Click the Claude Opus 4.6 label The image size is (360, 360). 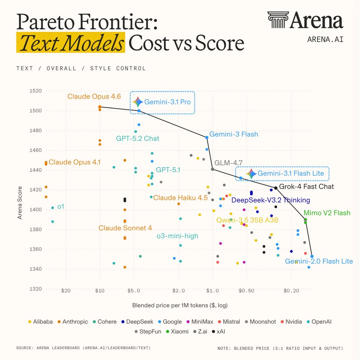coord(94,96)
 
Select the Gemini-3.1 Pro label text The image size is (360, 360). coord(167,102)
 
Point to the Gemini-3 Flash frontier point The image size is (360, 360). coord(207,137)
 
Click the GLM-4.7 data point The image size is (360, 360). coord(213,169)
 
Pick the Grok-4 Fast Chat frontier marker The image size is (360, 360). coord(276,188)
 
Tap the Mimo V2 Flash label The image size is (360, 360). coord(327,213)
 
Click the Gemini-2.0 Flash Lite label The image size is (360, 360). coord(319,261)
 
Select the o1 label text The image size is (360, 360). coord(61,207)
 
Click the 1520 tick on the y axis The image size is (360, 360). coord(36,91)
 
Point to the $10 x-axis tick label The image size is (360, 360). coord(100,291)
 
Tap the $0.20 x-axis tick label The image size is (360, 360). coord(291,291)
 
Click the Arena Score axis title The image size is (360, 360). coord(20,203)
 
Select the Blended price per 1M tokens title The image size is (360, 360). coord(180,305)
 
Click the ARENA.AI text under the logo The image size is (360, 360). coord(325,39)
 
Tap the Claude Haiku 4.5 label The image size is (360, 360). coord(180,198)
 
